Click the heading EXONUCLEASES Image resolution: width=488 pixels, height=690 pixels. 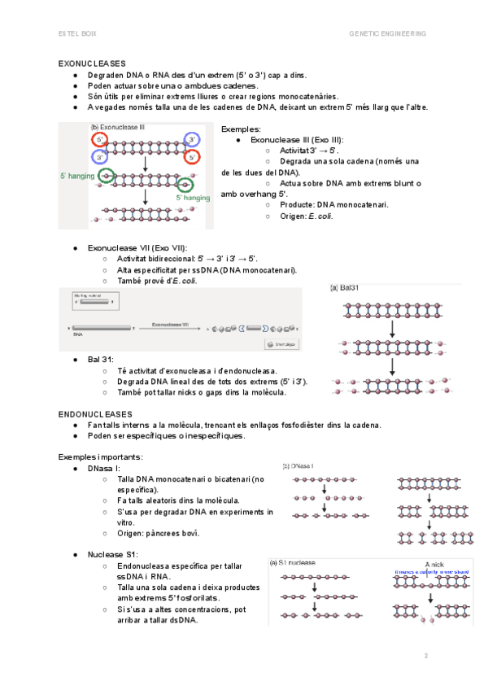pyautogui.click(x=92, y=63)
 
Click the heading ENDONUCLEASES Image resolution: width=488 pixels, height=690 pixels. pyautogui.click(x=95, y=414)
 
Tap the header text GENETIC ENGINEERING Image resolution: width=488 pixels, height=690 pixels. pyautogui.click(x=387, y=33)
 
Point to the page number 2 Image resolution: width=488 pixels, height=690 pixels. pyautogui.click(x=425, y=655)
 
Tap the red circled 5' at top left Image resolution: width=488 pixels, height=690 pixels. pyautogui.click(x=99, y=139)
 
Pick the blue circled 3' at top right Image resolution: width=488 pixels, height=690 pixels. pyautogui.click(x=192, y=139)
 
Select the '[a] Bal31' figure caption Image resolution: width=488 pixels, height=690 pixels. pyautogui.click(x=344, y=287)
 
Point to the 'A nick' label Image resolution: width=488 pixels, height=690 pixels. pyautogui.click(x=434, y=562)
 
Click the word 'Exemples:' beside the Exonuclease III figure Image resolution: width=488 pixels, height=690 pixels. pyautogui.click(x=241, y=129)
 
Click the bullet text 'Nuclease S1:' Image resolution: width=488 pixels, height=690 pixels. pyautogui.click(x=112, y=554)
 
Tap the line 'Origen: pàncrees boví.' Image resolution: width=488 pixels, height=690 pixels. pyautogui.click(x=158, y=533)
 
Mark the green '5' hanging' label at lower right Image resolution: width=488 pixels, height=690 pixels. pyautogui.click(x=193, y=197)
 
